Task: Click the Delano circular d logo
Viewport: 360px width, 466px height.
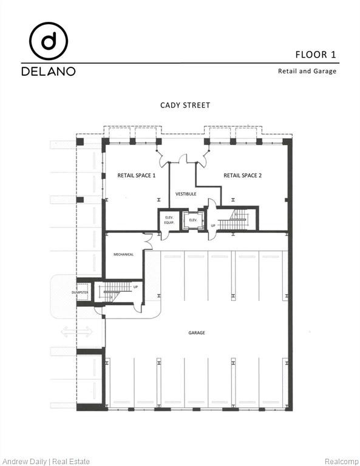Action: [49, 41]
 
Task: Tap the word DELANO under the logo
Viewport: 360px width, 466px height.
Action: [49, 71]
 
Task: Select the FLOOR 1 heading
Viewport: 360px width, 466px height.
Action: [316, 55]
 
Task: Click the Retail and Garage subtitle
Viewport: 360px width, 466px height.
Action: [307, 71]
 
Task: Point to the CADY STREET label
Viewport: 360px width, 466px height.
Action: [185, 105]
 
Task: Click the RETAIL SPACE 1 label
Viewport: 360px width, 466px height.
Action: [136, 175]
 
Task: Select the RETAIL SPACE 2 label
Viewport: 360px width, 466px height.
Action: [242, 175]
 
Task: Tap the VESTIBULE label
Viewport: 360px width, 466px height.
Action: [186, 194]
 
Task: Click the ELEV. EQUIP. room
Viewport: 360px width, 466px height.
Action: [169, 221]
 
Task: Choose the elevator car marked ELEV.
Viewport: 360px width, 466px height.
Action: [193, 220]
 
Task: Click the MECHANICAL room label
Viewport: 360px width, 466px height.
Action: [123, 254]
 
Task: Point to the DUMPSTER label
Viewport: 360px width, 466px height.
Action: [80, 292]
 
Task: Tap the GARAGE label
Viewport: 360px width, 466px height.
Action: [196, 333]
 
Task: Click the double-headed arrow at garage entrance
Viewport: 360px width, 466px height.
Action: [76, 331]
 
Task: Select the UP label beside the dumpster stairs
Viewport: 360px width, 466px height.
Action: [135, 287]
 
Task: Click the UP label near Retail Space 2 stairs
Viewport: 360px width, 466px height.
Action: [213, 226]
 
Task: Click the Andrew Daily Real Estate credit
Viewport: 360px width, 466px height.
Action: [46, 461]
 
